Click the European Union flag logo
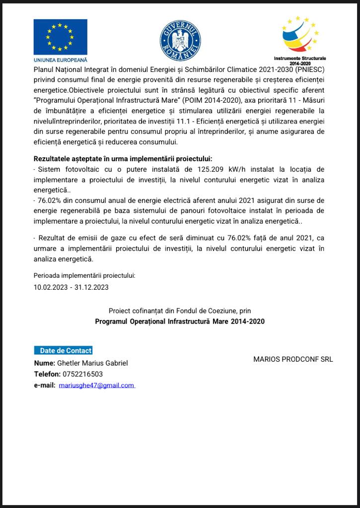tap(60, 37)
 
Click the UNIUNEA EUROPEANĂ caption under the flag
tap(60, 60)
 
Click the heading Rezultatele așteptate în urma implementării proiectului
tap(123, 159)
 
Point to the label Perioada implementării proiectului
tap(84, 275)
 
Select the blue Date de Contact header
tap(63, 350)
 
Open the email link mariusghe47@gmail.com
tap(96, 385)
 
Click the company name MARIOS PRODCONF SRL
tap(293, 359)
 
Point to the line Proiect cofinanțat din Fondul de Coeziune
tap(180, 311)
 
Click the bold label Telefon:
tap(47, 374)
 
